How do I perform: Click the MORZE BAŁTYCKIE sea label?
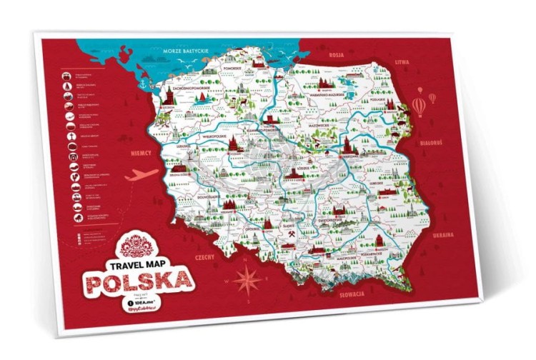tap(184, 52)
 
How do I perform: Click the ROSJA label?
tap(337, 54)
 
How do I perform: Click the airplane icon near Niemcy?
tap(141, 174)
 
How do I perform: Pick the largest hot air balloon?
tap(418, 106)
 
